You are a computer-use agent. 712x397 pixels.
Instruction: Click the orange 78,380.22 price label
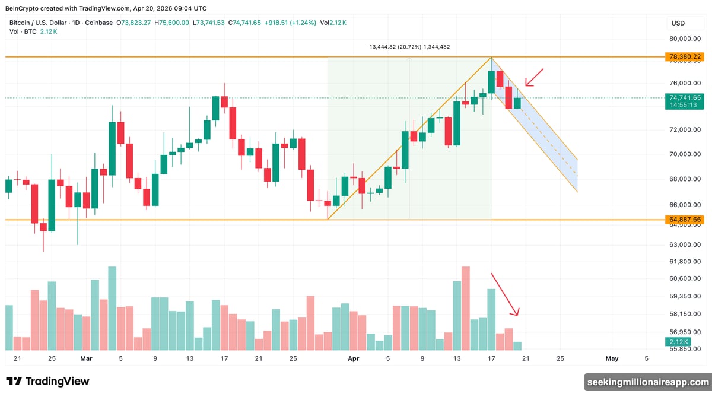[x=685, y=57]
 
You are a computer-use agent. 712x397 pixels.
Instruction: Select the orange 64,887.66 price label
[x=685, y=220]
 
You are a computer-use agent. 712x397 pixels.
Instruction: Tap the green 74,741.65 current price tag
[x=685, y=98]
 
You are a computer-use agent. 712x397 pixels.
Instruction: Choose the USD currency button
[x=678, y=23]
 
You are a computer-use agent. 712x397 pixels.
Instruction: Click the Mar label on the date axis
[x=86, y=358]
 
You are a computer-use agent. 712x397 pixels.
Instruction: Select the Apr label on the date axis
[x=354, y=358]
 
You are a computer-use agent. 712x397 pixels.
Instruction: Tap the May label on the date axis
[x=612, y=358]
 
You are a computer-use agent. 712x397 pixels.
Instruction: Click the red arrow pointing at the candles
[x=534, y=77]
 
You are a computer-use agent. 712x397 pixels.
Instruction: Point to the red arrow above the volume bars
[x=505, y=294]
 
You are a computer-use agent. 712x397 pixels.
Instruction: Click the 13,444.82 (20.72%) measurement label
[x=409, y=47]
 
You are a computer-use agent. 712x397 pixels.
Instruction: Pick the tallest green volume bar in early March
[x=112, y=308]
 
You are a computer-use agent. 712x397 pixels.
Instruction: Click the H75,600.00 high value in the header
[x=172, y=23]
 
